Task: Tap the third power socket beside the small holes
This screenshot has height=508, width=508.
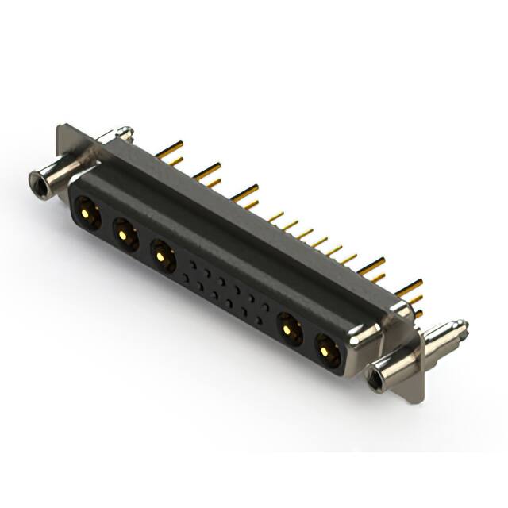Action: [162, 255]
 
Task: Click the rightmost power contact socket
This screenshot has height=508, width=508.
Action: [325, 348]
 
